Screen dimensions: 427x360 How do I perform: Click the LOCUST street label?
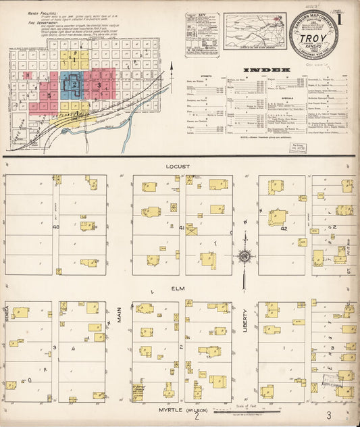click(180, 166)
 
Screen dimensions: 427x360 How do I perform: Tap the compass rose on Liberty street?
click(245, 256)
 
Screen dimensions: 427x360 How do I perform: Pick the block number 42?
click(284, 228)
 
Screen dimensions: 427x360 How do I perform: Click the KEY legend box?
click(202, 32)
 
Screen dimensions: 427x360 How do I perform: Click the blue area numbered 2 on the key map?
click(72, 84)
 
